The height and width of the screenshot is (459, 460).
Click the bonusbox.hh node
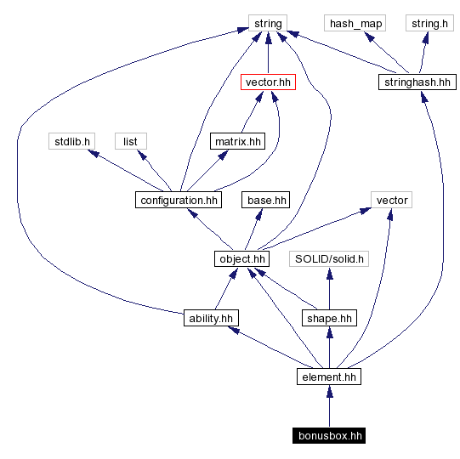[329, 436]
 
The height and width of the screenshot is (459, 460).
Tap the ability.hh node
[211, 318]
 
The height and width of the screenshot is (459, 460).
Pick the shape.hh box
[329, 318]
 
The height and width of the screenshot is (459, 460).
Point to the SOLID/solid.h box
[329, 258]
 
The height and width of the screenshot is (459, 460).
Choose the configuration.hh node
[178, 200]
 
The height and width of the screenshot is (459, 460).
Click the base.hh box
[266, 200]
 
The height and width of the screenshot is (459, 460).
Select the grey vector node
[391, 200]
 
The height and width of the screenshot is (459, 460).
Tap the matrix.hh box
[237, 141]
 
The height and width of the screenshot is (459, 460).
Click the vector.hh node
[268, 82]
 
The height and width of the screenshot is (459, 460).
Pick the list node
[130, 141]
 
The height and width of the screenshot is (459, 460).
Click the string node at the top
[268, 23]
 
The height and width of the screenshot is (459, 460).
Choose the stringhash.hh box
[416, 82]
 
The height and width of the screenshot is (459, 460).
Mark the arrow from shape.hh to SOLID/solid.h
[329, 288]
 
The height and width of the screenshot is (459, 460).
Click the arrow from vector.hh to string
[268, 53]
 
